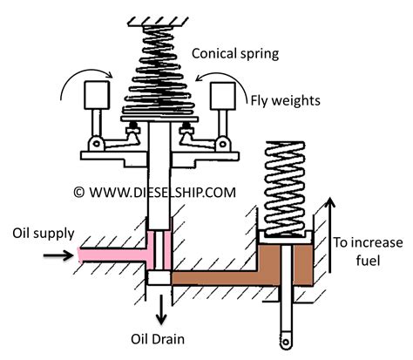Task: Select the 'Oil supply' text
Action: [x=40, y=233]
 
